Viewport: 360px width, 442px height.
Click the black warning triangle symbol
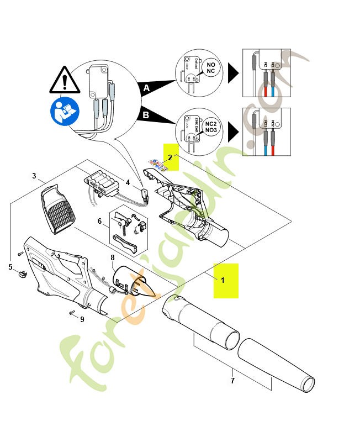pos(65,80)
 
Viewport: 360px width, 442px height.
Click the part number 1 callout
pos(223,281)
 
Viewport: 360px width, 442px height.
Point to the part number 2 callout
pos(171,157)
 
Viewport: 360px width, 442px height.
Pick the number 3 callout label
pos(34,176)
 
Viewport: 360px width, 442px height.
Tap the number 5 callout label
pos(10,267)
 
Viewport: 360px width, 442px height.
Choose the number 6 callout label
pos(100,222)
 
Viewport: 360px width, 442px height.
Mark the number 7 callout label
pos(232,381)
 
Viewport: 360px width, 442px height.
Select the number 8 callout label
pos(113,257)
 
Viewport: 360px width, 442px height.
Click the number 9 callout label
pos(82,319)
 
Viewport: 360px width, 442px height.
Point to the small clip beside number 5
pos(22,273)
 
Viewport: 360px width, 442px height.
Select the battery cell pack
pos(103,182)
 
